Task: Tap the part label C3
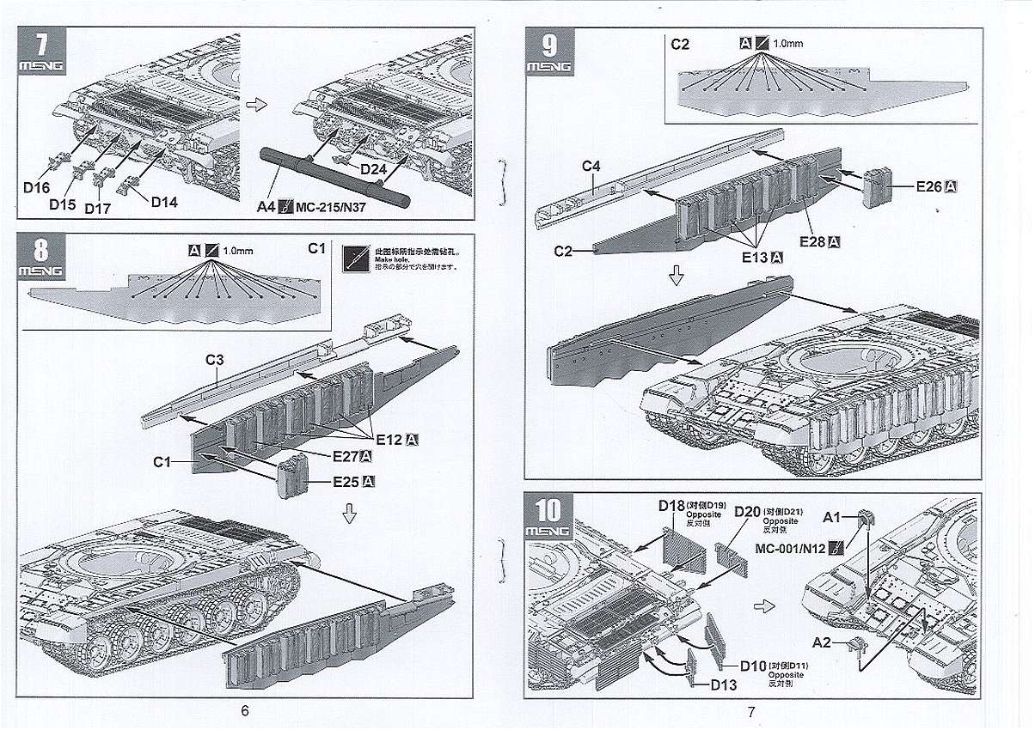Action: coord(215,360)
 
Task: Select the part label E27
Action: coord(346,455)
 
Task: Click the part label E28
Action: coord(813,241)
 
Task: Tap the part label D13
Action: coord(723,684)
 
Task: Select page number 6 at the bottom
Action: coord(245,710)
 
